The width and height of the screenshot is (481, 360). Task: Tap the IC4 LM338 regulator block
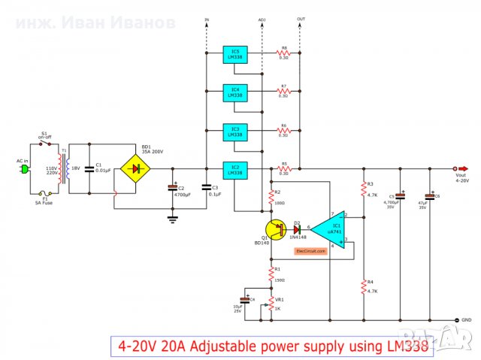[x=235, y=92]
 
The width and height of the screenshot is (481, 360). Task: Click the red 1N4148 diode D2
[x=297, y=227]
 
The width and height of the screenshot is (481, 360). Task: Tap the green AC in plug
[x=23, y=169]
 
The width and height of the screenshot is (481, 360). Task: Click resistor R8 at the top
[x=284, y=53]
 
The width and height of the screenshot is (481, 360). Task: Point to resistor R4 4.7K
[x=363, y=286]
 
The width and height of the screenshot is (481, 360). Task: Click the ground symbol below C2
[x=172, y=219]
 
